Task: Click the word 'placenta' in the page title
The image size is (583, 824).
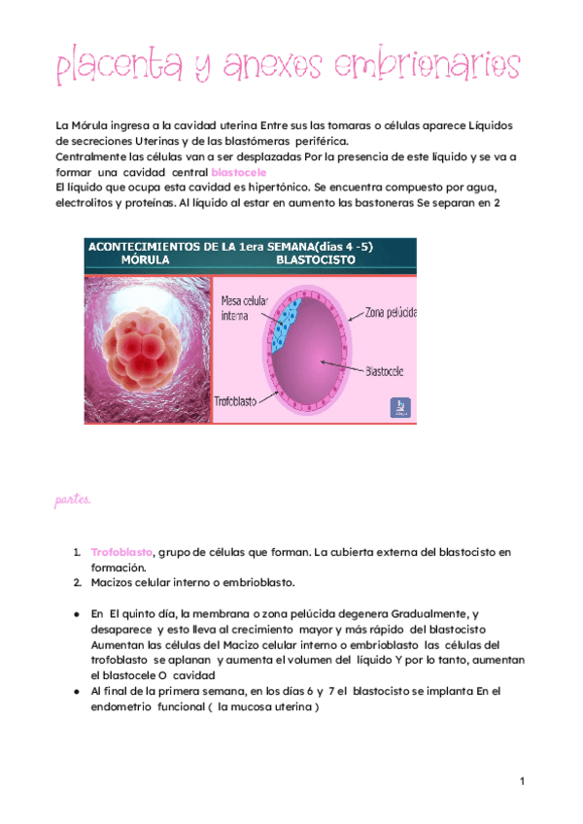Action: coord(119,68)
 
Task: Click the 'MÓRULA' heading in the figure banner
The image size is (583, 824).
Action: coord(144,261)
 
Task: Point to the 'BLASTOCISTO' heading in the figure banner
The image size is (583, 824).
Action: coord(315,261)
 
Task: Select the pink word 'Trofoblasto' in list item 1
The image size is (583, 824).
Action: coord(121,552)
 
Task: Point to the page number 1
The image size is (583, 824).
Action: coord(522,782)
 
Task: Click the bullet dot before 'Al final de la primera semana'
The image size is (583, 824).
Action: coord(76,691)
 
